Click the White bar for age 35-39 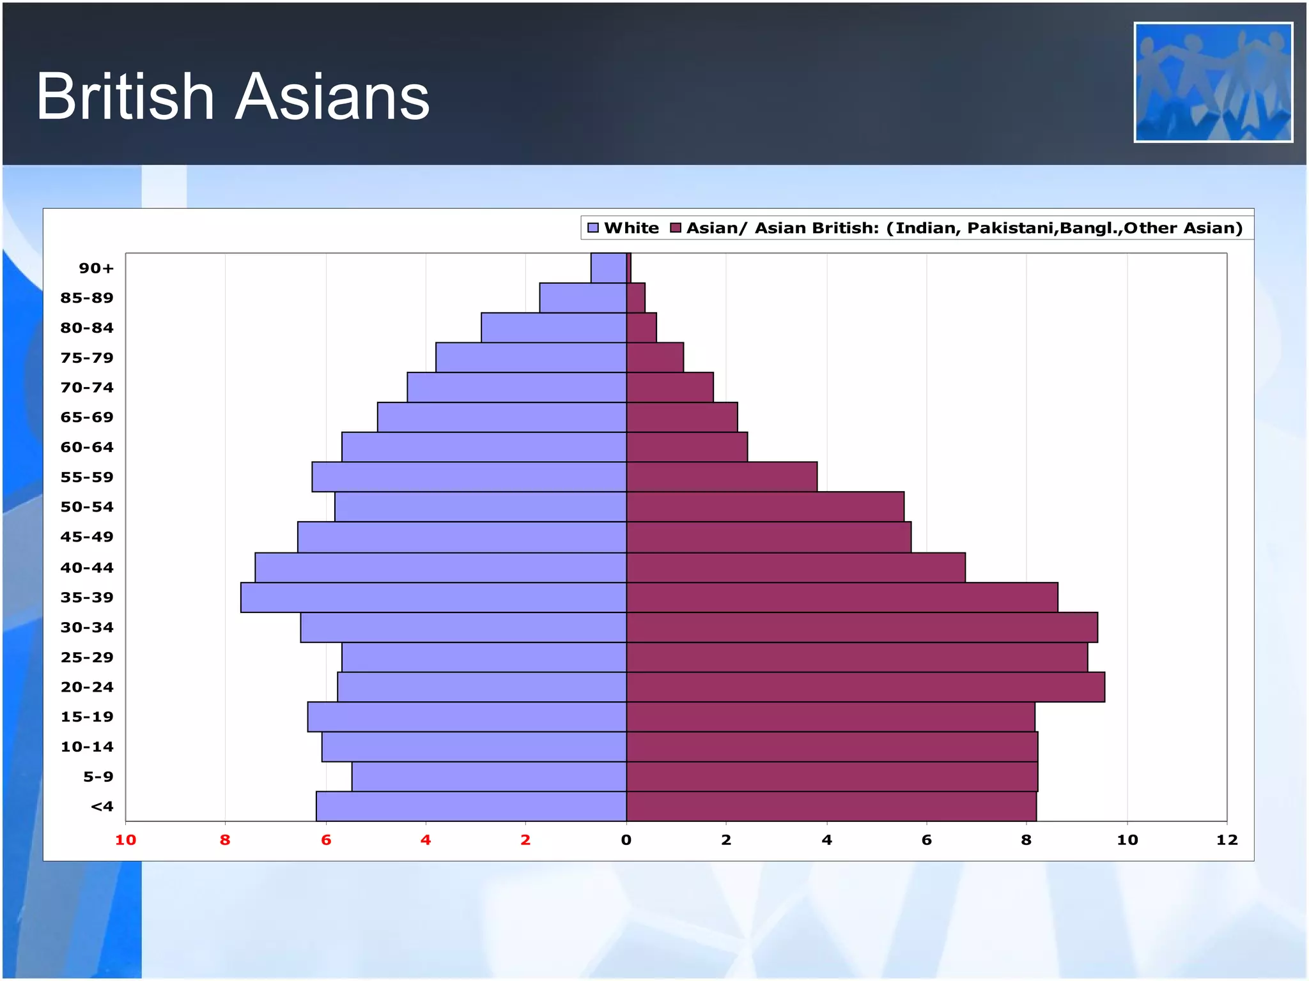click(433, 597)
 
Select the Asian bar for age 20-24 click(865, 687)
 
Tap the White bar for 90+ click(608, 268)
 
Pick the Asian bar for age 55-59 click(722, 477)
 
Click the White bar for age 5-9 click(489, 777)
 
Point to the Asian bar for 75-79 click(655, 358)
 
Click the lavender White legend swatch click(593, 228)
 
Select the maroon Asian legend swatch click(676, 228)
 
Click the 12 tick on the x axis click(1227, 840)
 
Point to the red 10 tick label click(125, 840)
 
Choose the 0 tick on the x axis click(626, 840)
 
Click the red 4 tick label click(426, 840)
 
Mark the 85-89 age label click(87, 298)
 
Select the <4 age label click(102, 807)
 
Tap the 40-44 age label click(87, 568)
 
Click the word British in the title click(125, 96)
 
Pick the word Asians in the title click(332, 96)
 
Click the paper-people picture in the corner click(1213, 82)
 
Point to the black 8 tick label click(1026, 840)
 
